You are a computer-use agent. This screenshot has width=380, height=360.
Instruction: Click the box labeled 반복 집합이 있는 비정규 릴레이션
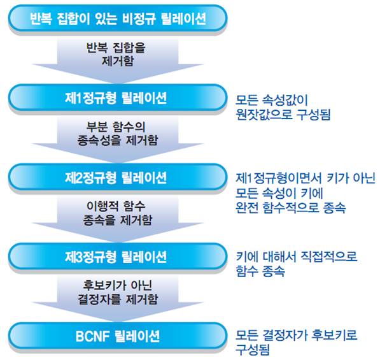coord(117,18)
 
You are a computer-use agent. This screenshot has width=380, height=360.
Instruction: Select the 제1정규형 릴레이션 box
coord(117,97)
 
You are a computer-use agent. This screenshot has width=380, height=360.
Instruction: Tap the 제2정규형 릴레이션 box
coord(117,177)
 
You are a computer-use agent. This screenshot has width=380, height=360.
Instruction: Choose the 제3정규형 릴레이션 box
coord(117,257)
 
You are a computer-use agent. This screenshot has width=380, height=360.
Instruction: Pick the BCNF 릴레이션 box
coord(117,336)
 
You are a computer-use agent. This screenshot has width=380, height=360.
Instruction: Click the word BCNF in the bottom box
coord(92,336)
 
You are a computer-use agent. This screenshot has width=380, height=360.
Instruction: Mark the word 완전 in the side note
coord(247,208)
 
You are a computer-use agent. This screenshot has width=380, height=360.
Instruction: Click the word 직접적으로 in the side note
coord(329,256)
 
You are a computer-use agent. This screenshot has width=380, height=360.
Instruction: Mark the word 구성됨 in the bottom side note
coord(253,350)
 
